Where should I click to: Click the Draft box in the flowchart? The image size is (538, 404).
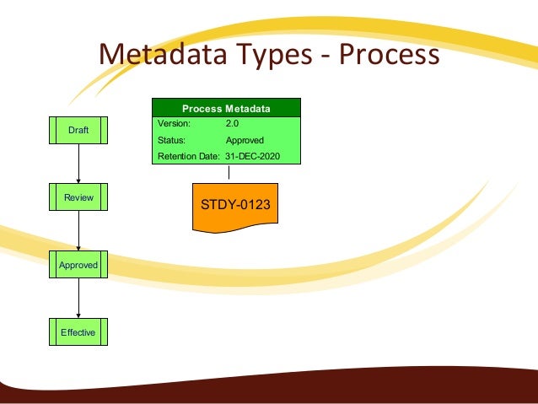coord(78,129)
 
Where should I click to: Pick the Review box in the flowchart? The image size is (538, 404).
coord(78,197)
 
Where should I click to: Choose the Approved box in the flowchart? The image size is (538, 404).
coord(78,265)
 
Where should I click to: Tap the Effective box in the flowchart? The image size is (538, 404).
coord(78,332)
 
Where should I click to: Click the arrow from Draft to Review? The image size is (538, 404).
coord(78,163)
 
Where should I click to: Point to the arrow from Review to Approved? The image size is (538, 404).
coord(78,230)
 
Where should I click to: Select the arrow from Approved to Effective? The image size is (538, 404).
coord(78,299)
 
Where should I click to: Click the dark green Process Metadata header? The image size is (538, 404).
coord(226,108)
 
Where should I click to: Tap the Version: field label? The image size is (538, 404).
coord(175,124)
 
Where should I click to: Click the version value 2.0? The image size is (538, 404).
coord(233,124)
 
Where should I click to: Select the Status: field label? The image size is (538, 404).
coord(172,141)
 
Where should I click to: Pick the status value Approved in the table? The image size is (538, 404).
coord(245,141)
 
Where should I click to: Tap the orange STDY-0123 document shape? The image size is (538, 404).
coord(235,205)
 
